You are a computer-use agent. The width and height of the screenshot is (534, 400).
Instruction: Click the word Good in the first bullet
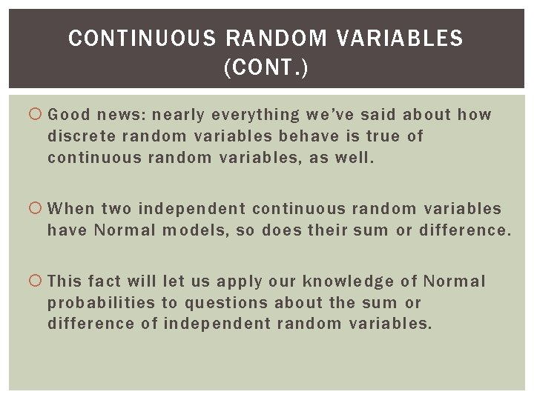click(x=69, y=115)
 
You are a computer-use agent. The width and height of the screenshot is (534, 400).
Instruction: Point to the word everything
click(x=254, y=115)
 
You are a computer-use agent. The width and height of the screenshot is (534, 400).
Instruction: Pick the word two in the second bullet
click(x=115, y=210)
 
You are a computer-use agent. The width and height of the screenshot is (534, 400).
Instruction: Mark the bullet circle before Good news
click(x=38, y=115)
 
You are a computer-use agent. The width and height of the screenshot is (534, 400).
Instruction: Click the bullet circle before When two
click(x=38, y=210)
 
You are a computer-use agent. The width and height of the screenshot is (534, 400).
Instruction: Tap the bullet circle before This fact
click(x=38, y=281)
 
